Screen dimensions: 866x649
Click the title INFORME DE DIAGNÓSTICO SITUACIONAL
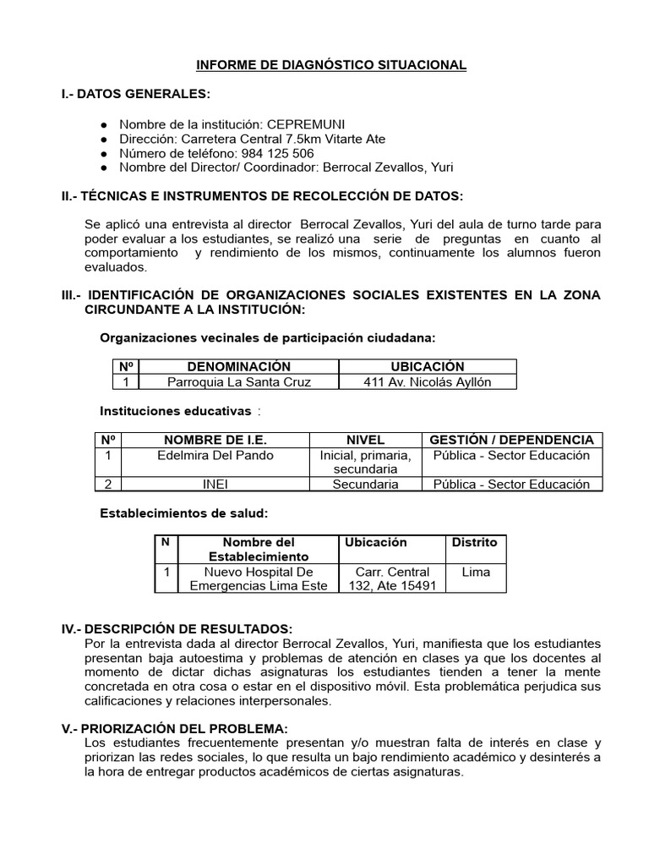coord(331,64)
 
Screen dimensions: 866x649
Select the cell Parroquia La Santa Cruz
coord(239,381)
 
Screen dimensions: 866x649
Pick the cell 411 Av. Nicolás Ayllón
coord(428,381)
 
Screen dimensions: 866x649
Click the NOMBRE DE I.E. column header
coord(215,440)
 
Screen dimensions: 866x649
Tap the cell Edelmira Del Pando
coord(215,455)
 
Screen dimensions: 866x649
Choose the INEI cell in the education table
coord(215,485)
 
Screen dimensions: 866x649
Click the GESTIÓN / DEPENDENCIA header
coord(511,440)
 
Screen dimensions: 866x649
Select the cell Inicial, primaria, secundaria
coord(365,462)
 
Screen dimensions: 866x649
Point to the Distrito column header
coord(475,542)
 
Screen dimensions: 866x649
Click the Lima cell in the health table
coord(475,573)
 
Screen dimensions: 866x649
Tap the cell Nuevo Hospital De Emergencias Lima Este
coord(259,579)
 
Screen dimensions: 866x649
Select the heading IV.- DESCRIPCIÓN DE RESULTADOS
coord(177,629)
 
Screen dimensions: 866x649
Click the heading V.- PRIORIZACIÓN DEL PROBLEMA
coord(175,729)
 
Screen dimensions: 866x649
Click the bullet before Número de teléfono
coord(104,154)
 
